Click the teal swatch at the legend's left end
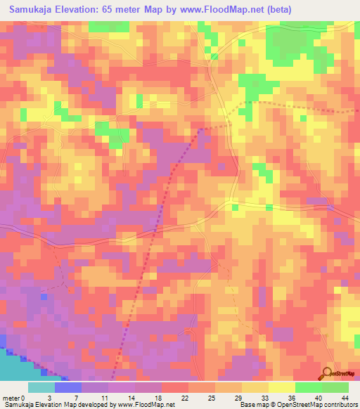[x=41, y=387]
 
